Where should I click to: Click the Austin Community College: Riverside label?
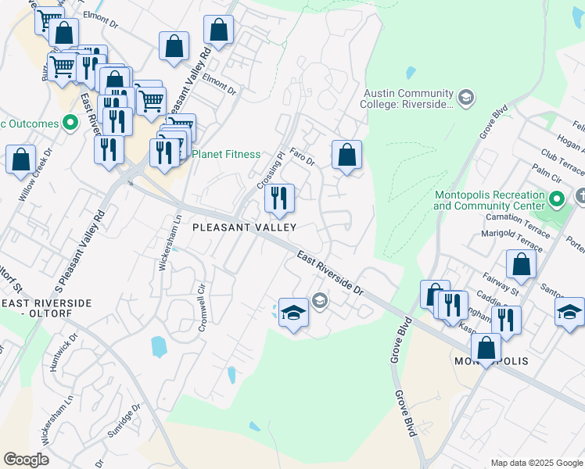click(x=407, y=98)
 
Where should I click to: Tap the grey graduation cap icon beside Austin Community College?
click(x=466, y=97)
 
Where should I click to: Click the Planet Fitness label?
click(x=226, y=154)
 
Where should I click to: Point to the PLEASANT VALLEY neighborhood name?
click(x=245, y=227)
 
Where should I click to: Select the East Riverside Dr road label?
click(x=331, y=273)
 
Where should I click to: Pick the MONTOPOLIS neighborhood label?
click(x=491, y=362)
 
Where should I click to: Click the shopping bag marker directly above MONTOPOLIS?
click(x=486, y=349)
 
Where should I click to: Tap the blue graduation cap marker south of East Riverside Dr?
click(x=294, y=314)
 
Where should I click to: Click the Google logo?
click(x=26, y=459)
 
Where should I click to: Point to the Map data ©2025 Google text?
click(x=536, y=462)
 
